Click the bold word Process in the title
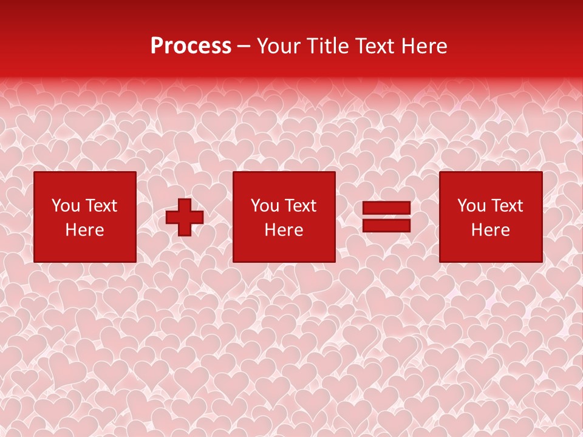(x=191, y=46)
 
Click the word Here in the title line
(x=426, y=46)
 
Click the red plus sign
(x=185, y=217)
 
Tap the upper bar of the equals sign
(x=386, y=209)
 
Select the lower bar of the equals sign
(x=386, y=225)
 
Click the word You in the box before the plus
(x=65, y=206)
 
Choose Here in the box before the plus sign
(x=84, y=230)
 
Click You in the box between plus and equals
(x=265, y=206)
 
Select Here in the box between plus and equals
(x=284, y=230)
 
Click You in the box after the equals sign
(x=471, y=206)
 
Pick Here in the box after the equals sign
(x=491, y=230)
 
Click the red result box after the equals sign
(x=491, y=249)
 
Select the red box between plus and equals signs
(x=284, y=249)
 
